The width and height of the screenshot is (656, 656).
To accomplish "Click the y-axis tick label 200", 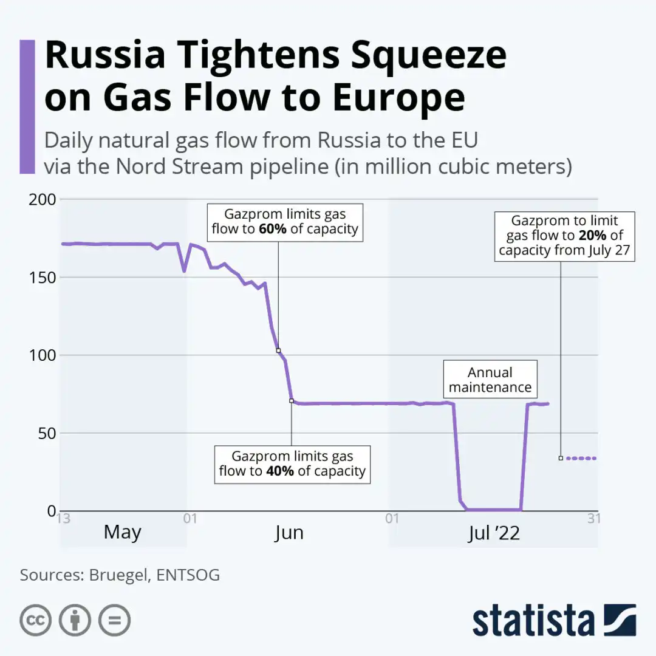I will tap(42, 199).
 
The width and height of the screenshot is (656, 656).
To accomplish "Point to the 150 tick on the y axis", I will tap(42, 277).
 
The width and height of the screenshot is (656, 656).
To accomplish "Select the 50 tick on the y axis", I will tap(46, 433).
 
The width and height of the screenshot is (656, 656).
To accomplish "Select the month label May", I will tap(122, 533).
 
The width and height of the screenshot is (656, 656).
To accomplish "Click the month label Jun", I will tap(289, 533).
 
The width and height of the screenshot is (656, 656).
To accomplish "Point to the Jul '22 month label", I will tap(494, 533).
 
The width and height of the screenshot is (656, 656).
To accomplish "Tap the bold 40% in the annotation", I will tap(279, 471).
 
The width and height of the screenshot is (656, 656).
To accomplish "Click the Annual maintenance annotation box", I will tap(490, 380).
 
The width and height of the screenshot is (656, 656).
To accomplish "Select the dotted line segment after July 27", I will tap(581, 458).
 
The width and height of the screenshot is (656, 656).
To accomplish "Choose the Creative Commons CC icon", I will tap(35, 620).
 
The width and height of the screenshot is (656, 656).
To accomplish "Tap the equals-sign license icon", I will tap(115, 620).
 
